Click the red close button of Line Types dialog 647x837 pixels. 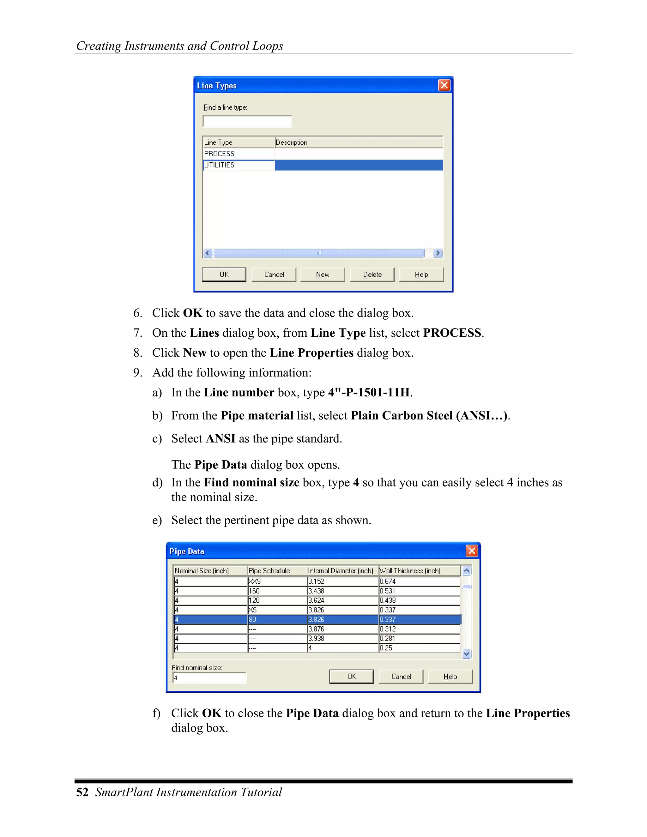[x=444, y=85]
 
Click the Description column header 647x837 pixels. [x=358, y=142]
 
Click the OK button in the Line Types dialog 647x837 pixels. [x=224, y=274]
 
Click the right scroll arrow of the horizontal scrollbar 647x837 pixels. [x=437, y=253]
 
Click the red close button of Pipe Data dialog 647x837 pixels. [x=471, y=551]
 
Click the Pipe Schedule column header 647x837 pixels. [x=277, y=571]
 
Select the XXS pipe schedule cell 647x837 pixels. [x=277, y=581]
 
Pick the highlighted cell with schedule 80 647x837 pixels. [x=277, y=619]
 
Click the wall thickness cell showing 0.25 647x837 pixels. [x=419, y=648]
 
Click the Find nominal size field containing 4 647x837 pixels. [x=209, y=678]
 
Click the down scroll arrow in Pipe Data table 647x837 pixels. [x=467, y=654]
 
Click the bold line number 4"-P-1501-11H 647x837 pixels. [x=369, y=392]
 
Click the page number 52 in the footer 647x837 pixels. [x=82, y=792]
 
